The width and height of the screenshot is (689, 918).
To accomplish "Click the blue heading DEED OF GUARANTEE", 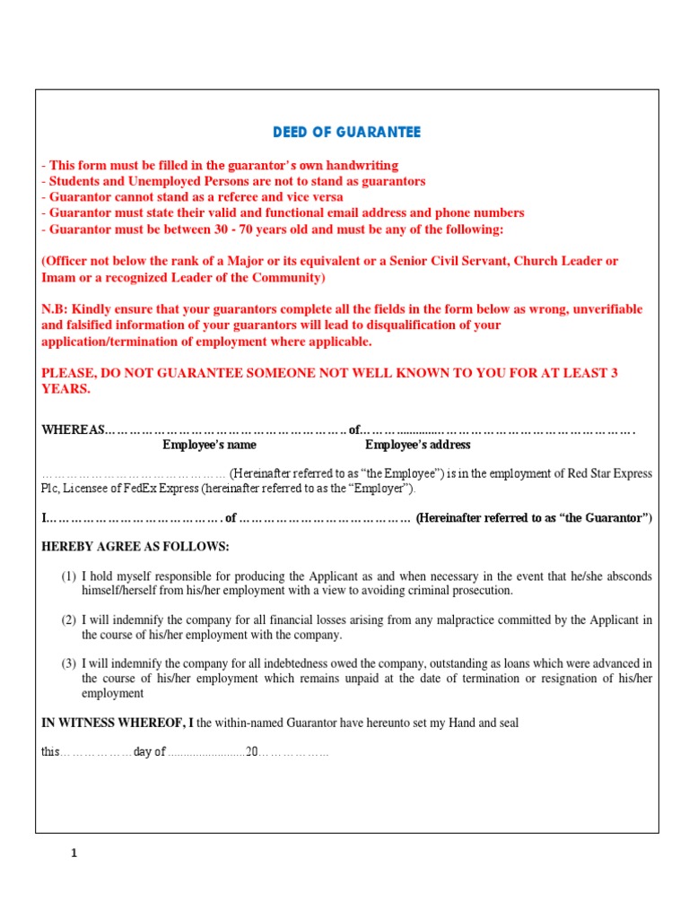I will (346, 133).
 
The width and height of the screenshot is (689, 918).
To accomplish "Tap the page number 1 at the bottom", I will (74, 853).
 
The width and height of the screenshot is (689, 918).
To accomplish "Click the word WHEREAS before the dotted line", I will (73, 429).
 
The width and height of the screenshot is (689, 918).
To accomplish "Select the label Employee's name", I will (209, 445).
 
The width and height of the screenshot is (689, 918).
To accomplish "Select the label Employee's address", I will (417, 445).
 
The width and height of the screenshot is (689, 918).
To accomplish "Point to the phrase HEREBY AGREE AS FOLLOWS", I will (135, 547).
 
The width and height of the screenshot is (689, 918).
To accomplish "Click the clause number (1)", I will (69, 576).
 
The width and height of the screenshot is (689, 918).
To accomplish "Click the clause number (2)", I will (69, 619).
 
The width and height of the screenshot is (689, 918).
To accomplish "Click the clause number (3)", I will (69, 663).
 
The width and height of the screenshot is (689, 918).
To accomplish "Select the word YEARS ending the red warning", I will (65, 389).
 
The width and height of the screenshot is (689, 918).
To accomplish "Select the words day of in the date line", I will (150, 752).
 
